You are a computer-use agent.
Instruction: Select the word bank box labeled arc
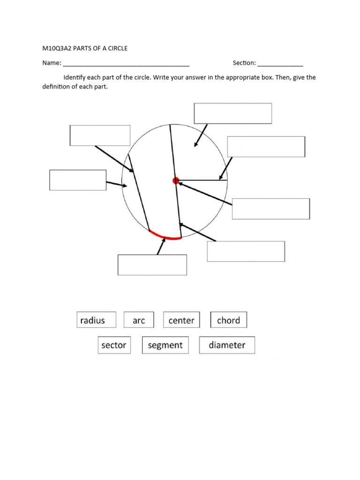139,320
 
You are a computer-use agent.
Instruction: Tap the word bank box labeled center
181,320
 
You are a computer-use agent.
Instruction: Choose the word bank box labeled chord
228,320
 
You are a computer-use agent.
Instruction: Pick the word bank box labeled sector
114,345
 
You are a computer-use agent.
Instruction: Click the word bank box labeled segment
165,345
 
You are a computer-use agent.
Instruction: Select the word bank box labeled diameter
227,345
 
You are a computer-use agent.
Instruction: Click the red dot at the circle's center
176,180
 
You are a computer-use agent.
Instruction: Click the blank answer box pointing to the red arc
152,265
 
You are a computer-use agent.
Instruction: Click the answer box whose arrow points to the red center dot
270,209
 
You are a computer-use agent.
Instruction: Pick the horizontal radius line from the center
202,180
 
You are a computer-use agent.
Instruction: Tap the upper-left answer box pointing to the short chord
100,135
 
